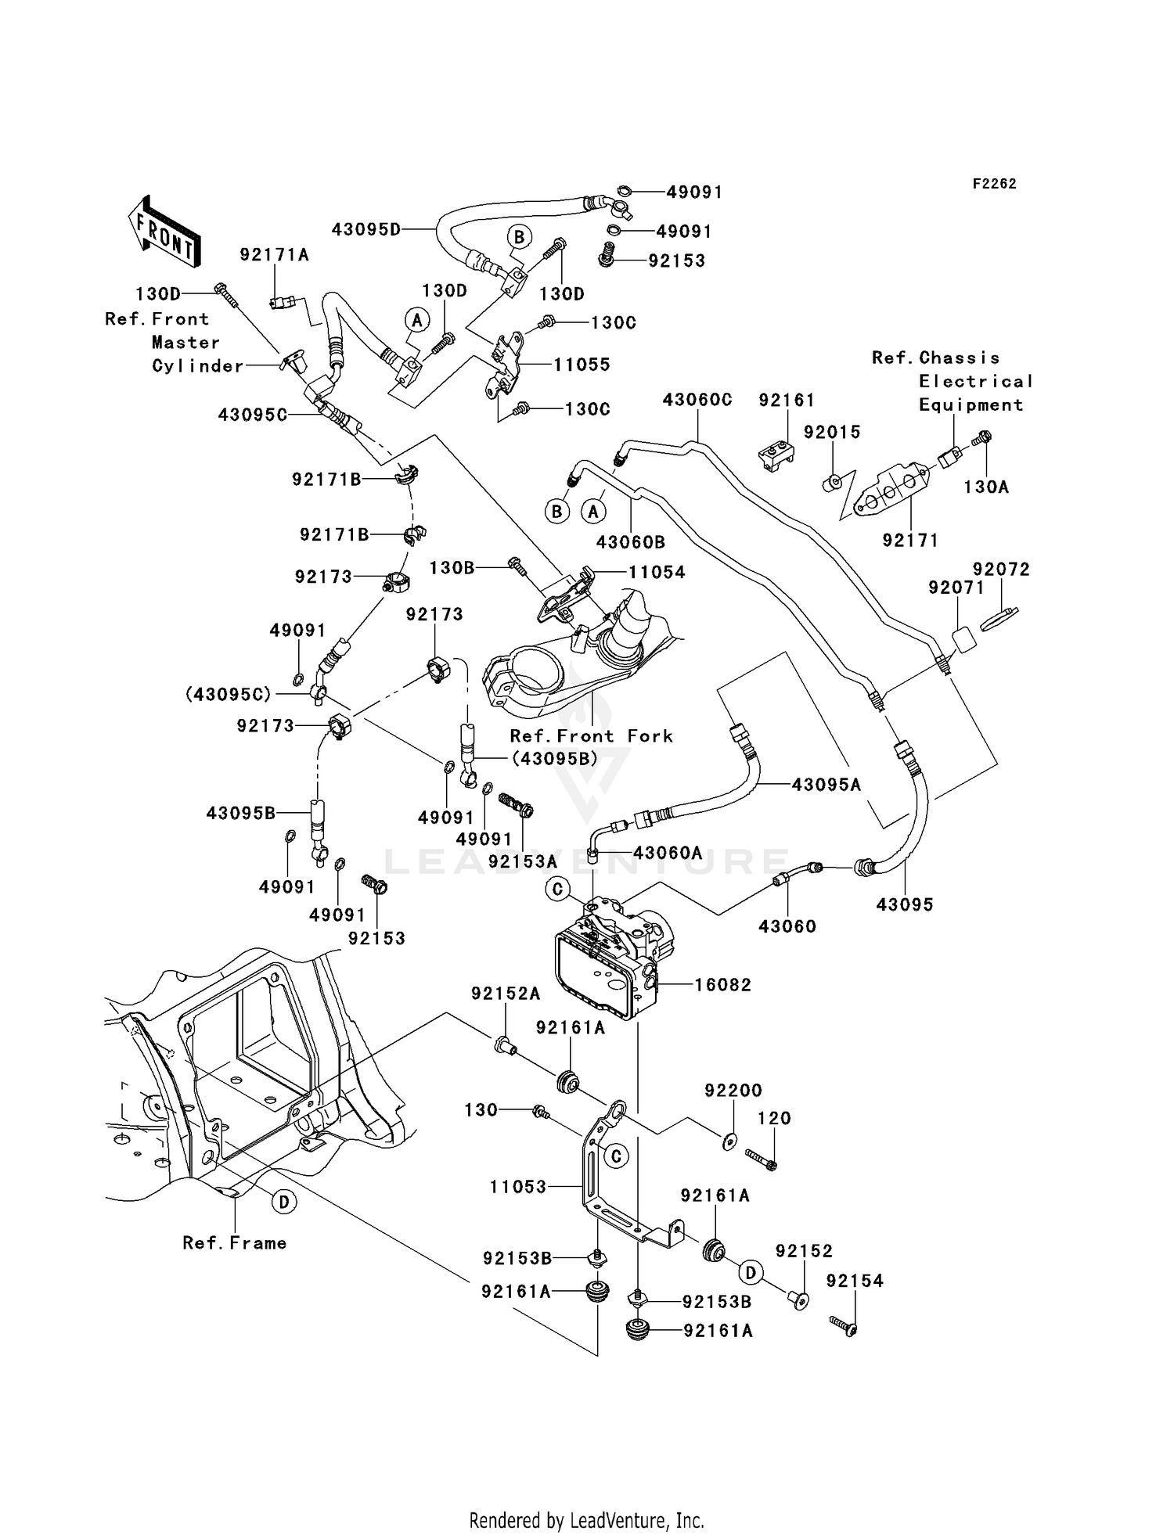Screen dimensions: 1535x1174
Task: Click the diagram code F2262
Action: point(994,184)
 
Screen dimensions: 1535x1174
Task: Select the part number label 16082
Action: point(722,984)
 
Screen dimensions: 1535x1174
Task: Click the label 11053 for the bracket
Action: point(518,1187)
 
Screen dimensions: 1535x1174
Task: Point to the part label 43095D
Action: point(366,229)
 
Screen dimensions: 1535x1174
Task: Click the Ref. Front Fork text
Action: point(591,735)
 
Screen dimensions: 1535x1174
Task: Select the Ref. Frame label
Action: point(234,1243)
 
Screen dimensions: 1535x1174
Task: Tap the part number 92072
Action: point(1001,570)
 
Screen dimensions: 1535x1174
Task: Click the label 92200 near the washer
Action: point(733,1091)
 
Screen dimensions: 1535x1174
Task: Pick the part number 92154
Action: point(855,1281)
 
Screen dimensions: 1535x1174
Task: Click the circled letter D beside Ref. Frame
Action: point(284,1202)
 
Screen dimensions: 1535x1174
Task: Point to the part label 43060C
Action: point(697,400)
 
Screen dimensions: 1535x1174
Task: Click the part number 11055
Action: point(582,365)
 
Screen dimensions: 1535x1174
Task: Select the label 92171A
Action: point(274,254)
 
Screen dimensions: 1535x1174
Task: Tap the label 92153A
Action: point(522,861)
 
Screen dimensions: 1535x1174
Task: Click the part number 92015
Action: point(832,432)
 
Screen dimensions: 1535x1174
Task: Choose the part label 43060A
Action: point(667,853)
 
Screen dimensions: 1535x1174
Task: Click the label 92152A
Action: point(505,994)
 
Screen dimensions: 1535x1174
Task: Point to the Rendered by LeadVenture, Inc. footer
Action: point(586,1520)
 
